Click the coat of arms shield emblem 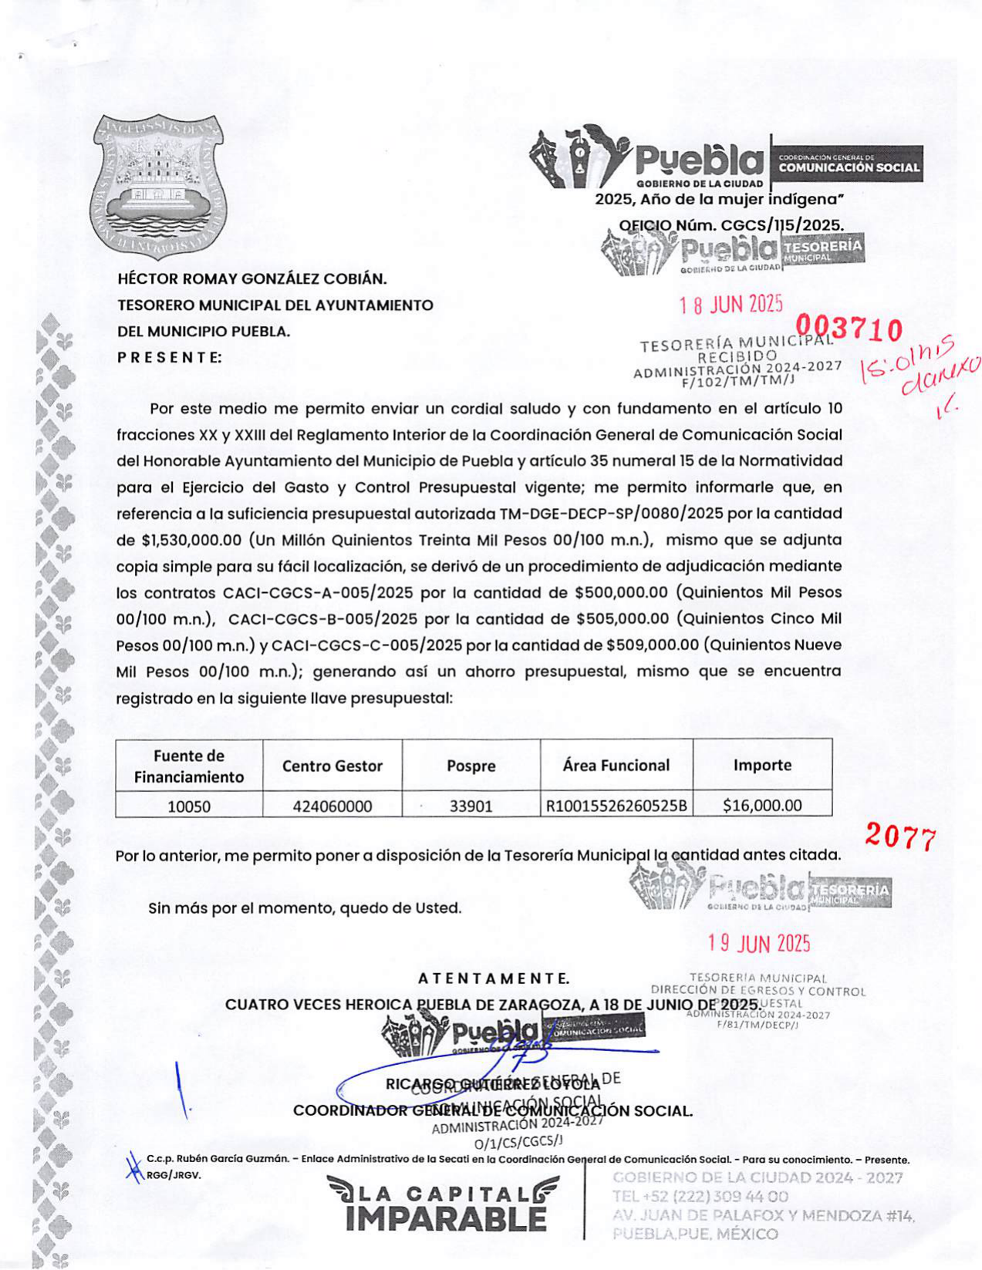pyautogui.click(x=160, y=187)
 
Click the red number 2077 pyautogui.click(x=900, y=836)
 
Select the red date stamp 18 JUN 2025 pyautogui.click(x=731, y=305)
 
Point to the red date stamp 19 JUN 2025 pyautogui.click(x=759, y=943)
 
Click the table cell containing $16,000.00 pyautogui.click(x=762, y=806)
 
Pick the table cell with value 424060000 pyautogui.click(x=332, y=807)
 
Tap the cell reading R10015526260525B pyautogui.click(x=616, y=807)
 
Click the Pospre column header pyautogui.click(x=471, y=766)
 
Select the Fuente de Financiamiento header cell pyautogui.click(x=189, y=766)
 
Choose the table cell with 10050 pyautogui.click(x=189, y=807)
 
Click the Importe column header pyautogui.click(x=762, y=765)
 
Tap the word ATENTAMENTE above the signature pyautogui.click(x=494, y=979)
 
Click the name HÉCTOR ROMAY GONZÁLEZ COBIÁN pyautogui.click(x=252, y=278)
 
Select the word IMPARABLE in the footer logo pyautogui.click(x=446, y=1219)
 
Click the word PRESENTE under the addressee pyautogui.click(x=170, y=357)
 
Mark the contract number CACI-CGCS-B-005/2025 pyautogui.click(x=323, y=618)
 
